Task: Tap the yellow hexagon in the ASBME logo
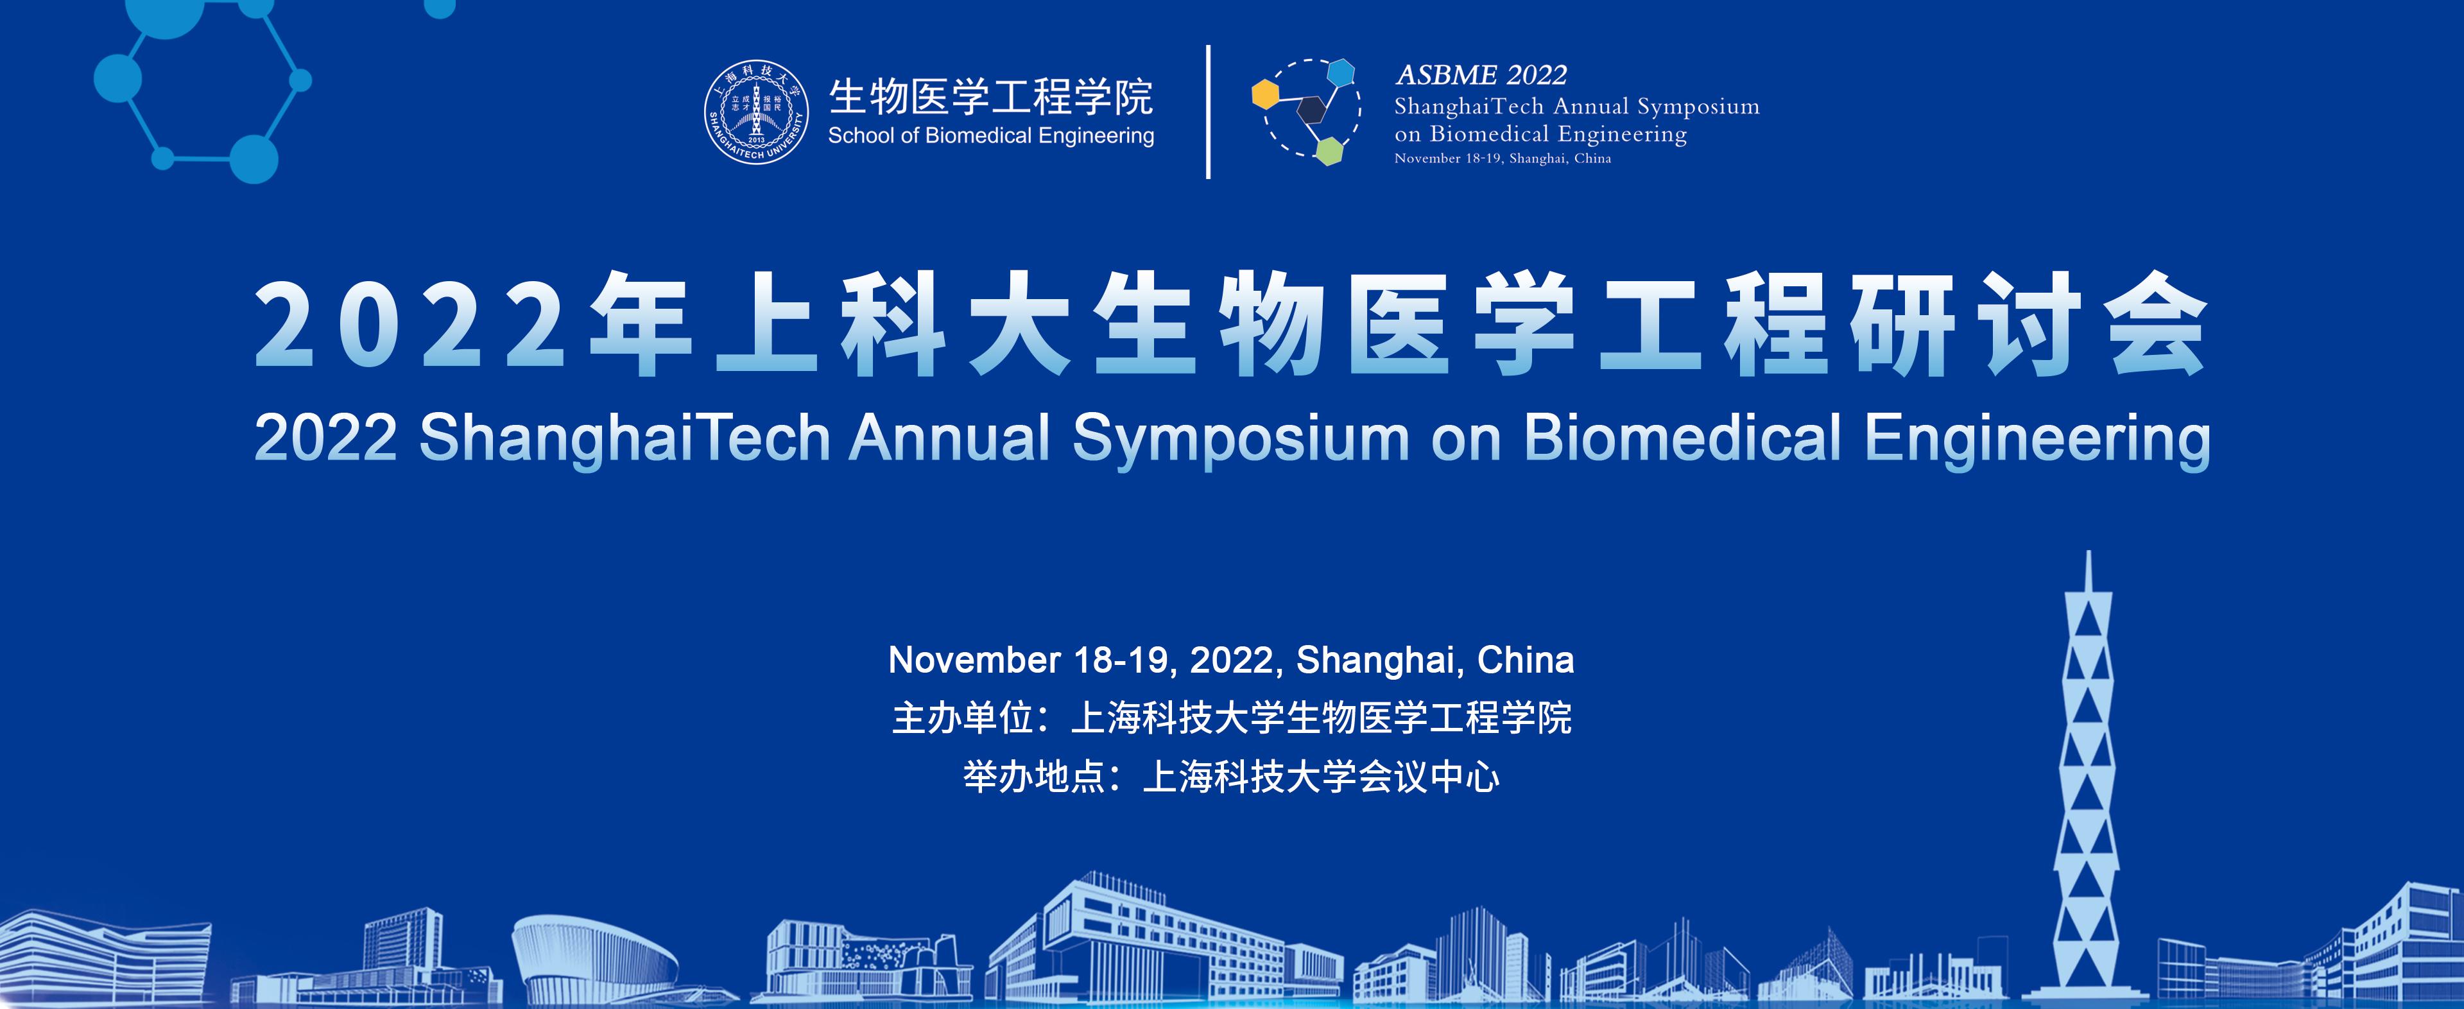(1266, 95)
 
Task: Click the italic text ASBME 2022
(1481, 74)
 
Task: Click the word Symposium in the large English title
(1241, 440)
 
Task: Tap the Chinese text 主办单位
(962, 718)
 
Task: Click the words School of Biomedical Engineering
(991, 136)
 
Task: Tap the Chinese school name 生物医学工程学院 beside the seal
(991, 96)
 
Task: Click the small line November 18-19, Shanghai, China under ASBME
(1503, 159)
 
